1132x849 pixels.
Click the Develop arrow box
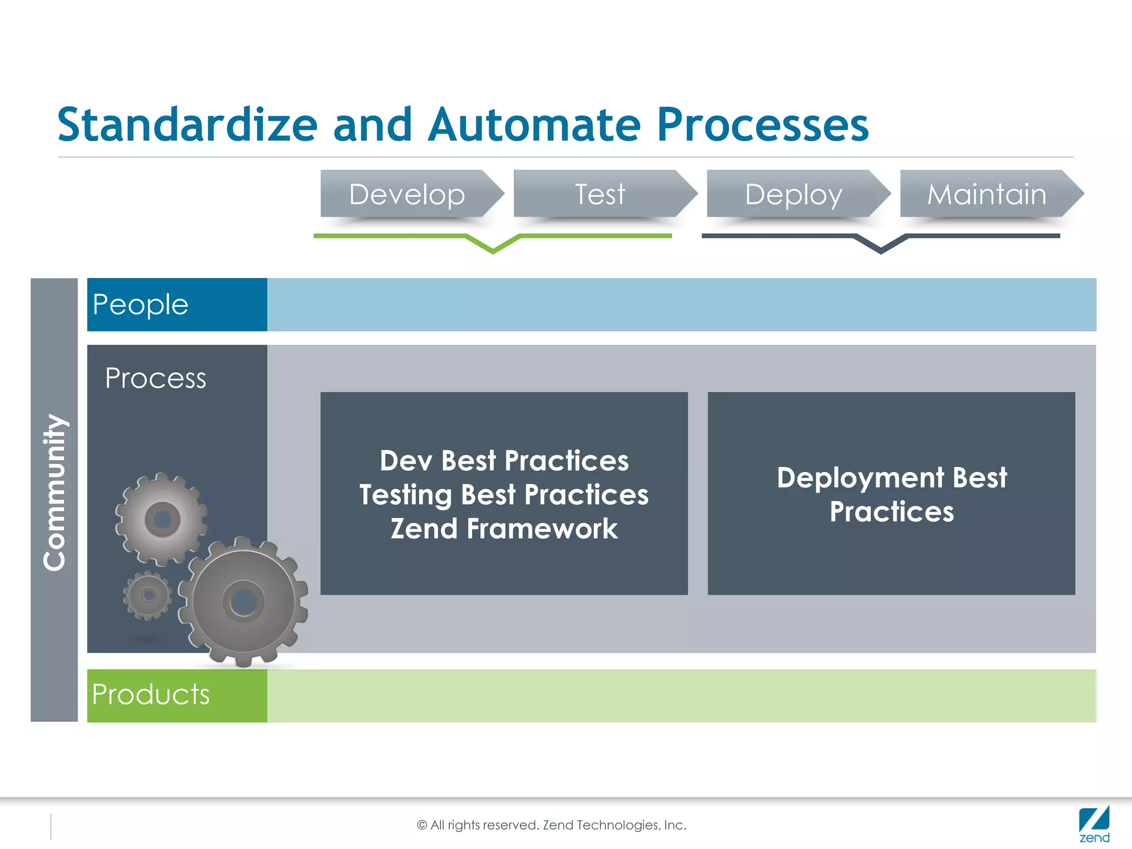click(407, 194)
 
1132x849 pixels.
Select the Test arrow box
click(600, 194)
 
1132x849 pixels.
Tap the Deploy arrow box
click(794, 194)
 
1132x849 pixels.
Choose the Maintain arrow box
click(987, 194)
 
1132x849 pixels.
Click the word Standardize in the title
click(187, 125)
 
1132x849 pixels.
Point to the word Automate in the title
click(534, 125)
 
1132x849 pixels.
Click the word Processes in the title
click(763, 125)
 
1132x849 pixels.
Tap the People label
click(140, 305)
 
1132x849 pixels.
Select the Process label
click(155, 379)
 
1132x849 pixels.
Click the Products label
click(150, 694)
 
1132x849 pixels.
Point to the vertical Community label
click(55, 492)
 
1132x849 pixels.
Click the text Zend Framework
click(504, 528)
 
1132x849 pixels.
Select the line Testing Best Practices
click(504, 494)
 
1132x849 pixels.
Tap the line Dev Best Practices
click(504, 460)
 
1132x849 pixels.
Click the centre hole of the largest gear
click(243, 601)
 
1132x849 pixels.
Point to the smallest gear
click(148, 595)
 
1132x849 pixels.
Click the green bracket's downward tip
click(493, 251)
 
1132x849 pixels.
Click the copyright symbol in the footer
click(422, 825)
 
